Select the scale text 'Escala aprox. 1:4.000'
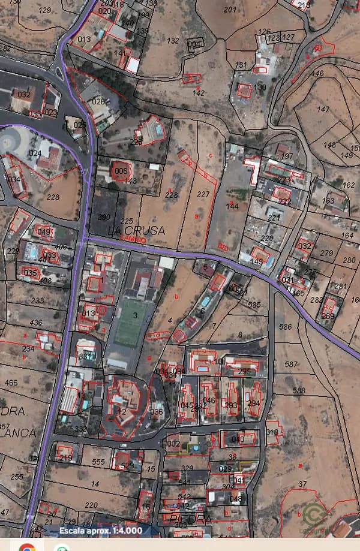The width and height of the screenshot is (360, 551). [x=101, y=531]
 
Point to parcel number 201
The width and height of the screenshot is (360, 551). [x=230, y=10]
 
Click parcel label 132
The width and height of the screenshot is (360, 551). [x=173, y=41]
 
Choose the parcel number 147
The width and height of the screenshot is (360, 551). [x=323, y=109]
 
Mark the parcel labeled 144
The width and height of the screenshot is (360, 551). [x=232, y=206]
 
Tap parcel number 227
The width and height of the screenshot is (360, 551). [x=203, y=194]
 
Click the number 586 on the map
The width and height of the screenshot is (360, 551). [x=286, y=327]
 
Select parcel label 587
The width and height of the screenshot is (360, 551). [x=291, y=364]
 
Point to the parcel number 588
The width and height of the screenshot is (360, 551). [x=299, y=391]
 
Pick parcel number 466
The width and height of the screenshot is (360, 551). [x=11, y=383]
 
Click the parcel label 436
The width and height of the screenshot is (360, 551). [x=36, y=323]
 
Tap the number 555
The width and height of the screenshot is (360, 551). [x=98, y=462]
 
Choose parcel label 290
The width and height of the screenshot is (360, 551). [x=104, y=217]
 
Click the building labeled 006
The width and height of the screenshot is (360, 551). [x=121, y=171]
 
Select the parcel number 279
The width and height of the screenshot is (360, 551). [x=326, y=253]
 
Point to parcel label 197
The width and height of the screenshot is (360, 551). [x=287, y=156]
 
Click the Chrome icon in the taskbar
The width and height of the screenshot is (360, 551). [x=26, y=547]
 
